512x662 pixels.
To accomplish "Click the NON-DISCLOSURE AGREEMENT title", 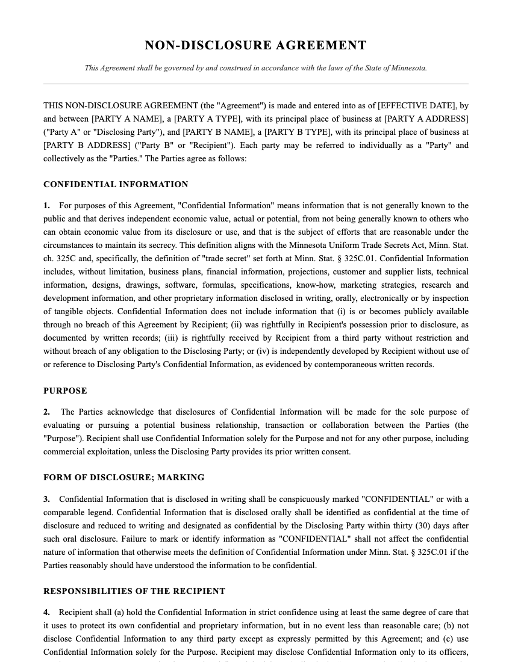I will point(255,46).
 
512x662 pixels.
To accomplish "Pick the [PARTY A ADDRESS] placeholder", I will point(426,119).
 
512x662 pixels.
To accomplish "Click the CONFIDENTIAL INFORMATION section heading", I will point(116,184).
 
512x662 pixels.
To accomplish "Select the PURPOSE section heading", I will point(65,391).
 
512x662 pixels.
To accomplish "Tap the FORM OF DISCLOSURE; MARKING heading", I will point(123,477).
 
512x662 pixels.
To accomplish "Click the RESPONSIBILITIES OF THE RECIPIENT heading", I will point(134,591).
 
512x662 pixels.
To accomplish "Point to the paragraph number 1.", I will point(46,206).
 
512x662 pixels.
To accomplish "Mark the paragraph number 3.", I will point(46,500).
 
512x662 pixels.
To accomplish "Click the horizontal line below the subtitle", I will point(255,84).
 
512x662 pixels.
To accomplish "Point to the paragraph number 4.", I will point(46,613).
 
